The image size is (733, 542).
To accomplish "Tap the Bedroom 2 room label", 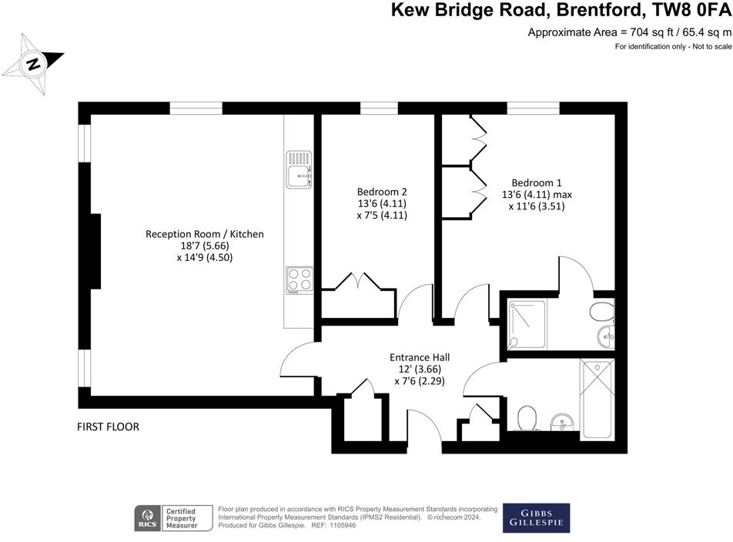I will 381,192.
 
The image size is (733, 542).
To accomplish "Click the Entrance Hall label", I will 419,357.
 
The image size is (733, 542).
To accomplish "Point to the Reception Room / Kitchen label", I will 205,234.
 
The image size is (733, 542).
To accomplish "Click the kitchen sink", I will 299,169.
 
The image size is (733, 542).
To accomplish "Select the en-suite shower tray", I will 527,324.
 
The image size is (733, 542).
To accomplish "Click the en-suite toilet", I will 602,312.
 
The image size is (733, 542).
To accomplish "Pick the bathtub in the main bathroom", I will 598,400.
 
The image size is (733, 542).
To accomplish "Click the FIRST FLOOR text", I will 108,427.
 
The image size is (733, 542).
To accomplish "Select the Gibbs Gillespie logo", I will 536,517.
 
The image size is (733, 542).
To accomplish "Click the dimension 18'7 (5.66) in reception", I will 205,246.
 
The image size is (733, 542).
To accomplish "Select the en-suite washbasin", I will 606,334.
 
